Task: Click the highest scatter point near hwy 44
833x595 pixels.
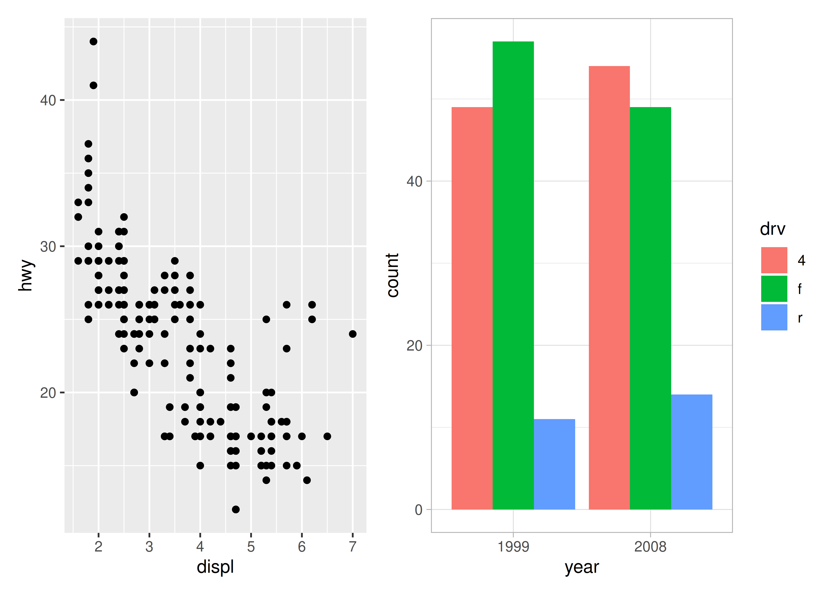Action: [93, 41]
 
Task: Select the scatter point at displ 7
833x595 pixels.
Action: [352, 334]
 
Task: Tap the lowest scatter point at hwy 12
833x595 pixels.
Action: [236, 509]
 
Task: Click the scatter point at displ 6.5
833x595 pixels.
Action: [327, 436]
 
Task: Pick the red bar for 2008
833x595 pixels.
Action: [609, 288]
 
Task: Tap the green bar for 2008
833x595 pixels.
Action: [650, 308]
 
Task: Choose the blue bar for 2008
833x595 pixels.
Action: [692, 452]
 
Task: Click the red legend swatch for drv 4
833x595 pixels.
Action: [774, 260]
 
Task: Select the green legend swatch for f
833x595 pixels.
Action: [774, 289]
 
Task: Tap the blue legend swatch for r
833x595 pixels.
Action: [774, 317]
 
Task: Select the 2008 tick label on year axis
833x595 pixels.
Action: [650, 547]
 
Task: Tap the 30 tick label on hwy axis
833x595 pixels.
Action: [48, 247]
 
